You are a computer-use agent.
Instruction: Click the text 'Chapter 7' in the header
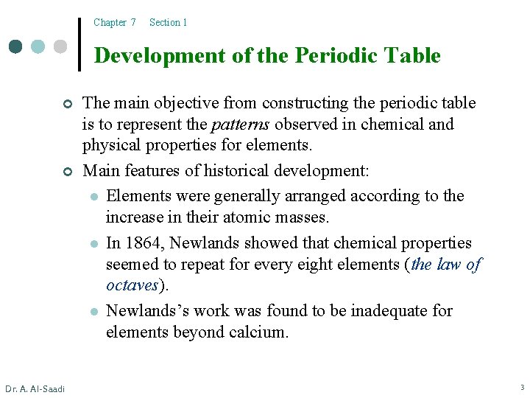114,22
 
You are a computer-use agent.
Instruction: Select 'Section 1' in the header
168,22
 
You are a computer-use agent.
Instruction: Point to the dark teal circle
17,46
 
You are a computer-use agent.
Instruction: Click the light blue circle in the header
38,46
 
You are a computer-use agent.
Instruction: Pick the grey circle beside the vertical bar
60,46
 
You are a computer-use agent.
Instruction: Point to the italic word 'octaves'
132,285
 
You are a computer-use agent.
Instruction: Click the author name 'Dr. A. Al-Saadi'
35,388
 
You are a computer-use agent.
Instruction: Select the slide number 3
521,388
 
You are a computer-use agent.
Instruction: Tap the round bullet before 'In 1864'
93,244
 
